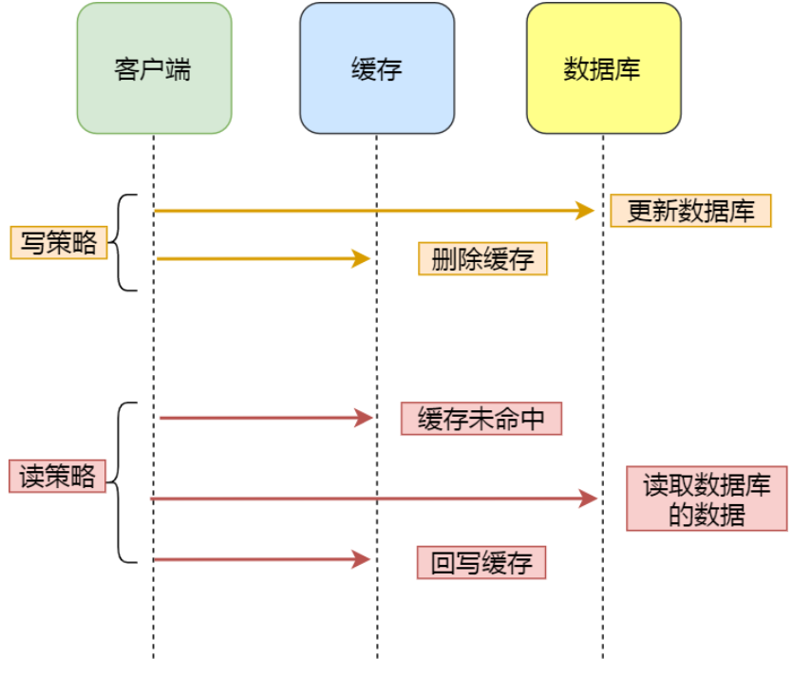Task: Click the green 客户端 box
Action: tap(154, 67)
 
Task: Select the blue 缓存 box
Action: tap(377, 67)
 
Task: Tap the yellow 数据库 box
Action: tap(603, 67)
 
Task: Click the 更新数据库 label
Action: tap(690, 211)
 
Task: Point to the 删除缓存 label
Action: tap(482, 259)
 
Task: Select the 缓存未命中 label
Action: tap(481, 419)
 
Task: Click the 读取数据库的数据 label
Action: tap(707, 499)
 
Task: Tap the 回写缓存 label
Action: tap(481, 562)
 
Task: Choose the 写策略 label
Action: tap(58, 243)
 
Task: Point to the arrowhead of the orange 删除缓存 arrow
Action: tap(361, 258)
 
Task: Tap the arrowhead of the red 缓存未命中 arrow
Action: tap(363, 418)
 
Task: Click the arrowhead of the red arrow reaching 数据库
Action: tap(589, 498)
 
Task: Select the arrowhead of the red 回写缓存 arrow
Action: tap(361, 560)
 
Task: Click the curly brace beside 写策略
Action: tap(122, 243)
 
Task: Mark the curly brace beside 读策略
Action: tap(121, 482)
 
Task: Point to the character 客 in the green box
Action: tap(127, 69)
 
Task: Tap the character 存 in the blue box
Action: tap(390, 69)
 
